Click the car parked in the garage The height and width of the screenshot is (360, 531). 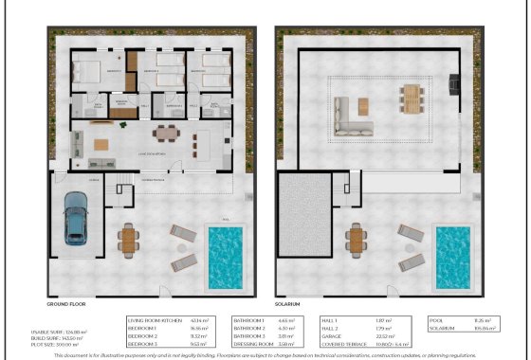76,217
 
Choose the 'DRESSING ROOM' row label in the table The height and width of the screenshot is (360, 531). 254,342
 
